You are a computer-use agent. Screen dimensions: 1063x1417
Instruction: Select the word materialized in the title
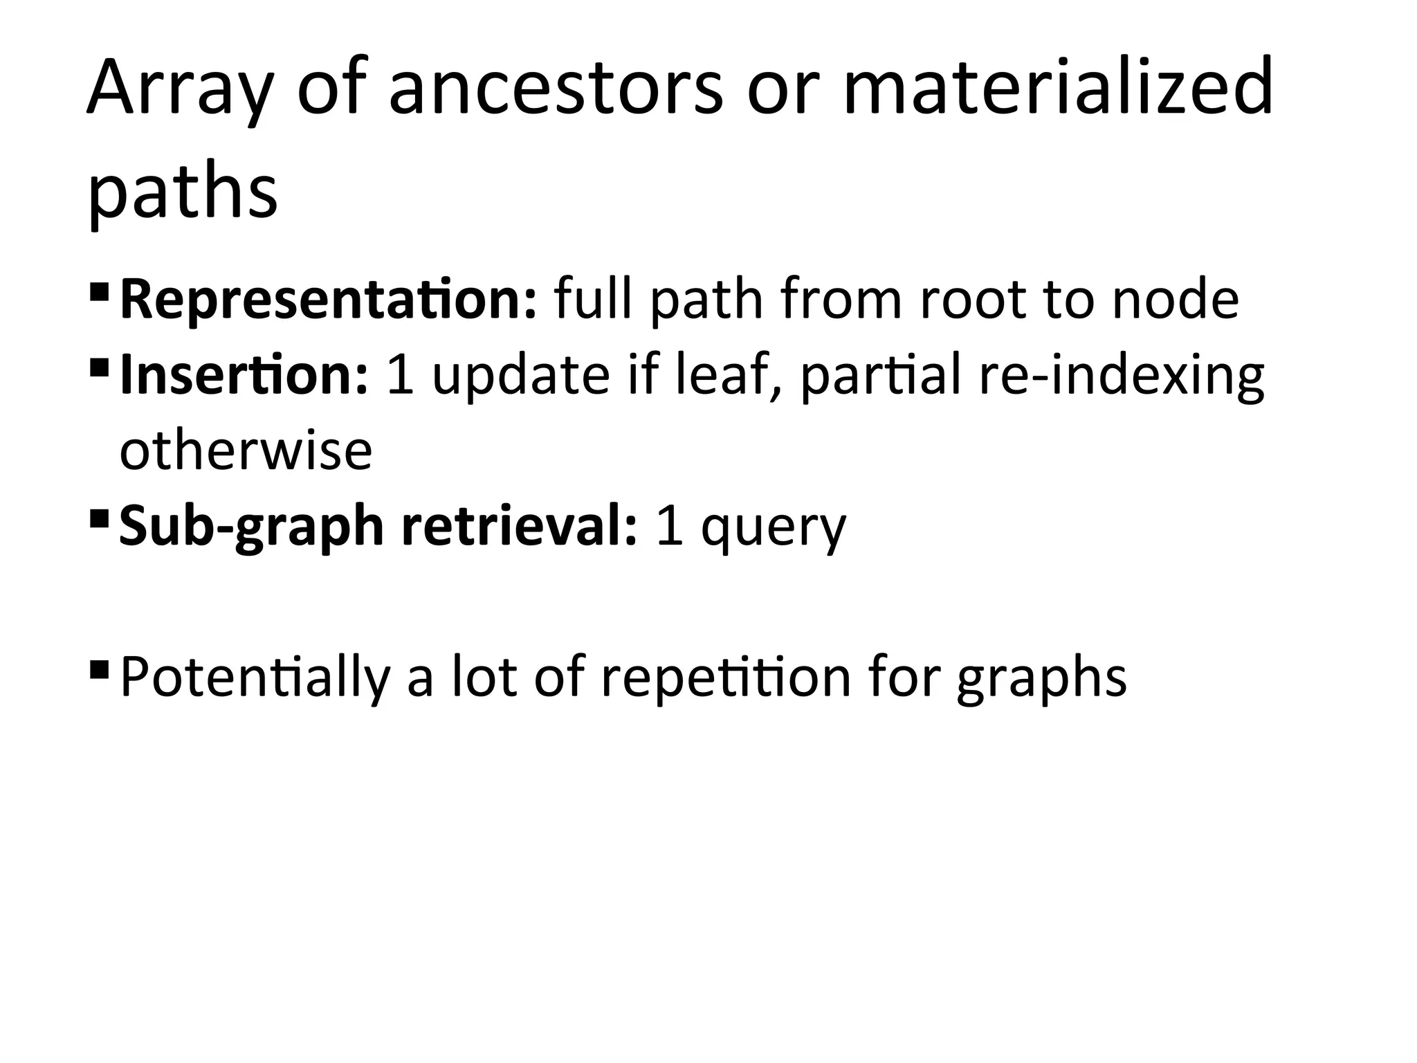click(x=1058, y=88)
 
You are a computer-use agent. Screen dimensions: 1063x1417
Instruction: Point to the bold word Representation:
click(x=328, y=300)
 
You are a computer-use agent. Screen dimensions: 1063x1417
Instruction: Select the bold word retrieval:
click(x=519, y=525)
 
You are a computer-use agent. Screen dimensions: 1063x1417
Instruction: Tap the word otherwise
click(x=246, y=451)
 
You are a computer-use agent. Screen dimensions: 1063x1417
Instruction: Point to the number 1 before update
click(x=401, y=375)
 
